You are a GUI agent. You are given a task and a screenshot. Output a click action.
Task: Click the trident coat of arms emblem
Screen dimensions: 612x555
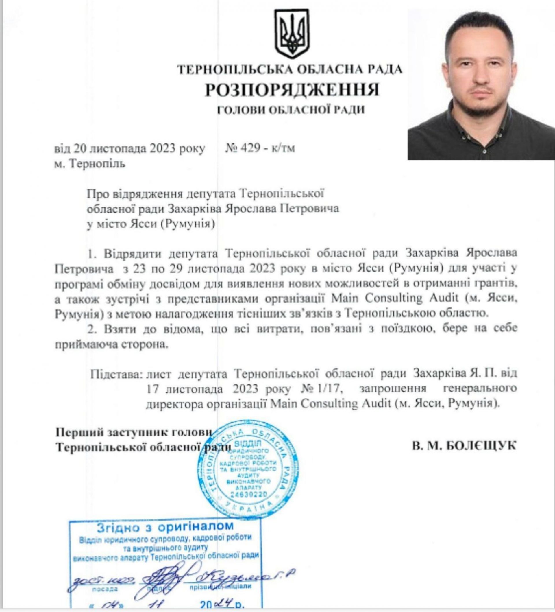[292, 33]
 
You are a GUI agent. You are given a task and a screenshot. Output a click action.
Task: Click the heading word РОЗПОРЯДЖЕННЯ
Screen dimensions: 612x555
[292, 90]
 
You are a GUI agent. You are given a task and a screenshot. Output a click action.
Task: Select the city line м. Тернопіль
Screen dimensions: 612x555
[90, 164]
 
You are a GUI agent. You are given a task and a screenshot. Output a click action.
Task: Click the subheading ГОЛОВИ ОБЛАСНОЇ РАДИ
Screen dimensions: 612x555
[291, 110]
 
